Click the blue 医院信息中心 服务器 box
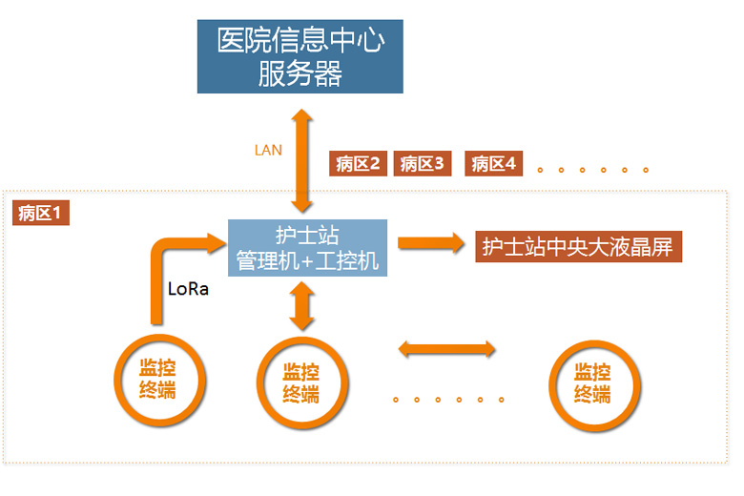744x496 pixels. click(x=300, y=54)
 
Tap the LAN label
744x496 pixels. click(x=268, y=150)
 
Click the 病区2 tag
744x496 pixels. click(x=358, y=164)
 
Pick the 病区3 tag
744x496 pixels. click(x=422, y=164)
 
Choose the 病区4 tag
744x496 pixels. click(x=493, y=164)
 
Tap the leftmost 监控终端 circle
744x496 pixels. click(x=157, y=380)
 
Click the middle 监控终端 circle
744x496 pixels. click(x=300, y=382)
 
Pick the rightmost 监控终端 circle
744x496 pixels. click(x=592, y=382)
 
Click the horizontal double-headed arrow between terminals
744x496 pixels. click(x=446, y=349)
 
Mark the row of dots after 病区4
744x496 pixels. click(x=592, y=170)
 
